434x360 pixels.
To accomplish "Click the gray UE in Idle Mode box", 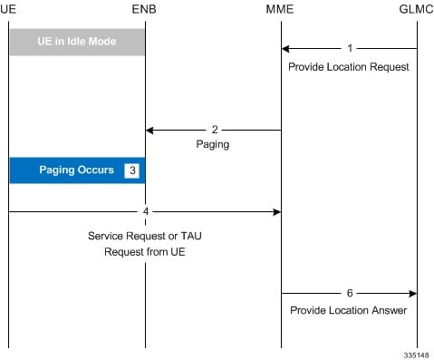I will pos(77,42).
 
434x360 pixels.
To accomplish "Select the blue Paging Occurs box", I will pos(77,170).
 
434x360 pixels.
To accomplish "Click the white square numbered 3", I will pos(131,170).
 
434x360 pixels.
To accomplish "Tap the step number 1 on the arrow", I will pos(350,48).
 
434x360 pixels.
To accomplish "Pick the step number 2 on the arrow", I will pos(214,130).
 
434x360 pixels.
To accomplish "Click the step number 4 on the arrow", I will pos(145,211).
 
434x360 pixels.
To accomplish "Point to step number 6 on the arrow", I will pos(350,293).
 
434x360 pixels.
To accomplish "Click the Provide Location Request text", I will pos(349,67).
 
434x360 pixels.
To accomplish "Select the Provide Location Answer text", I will pos(349,310).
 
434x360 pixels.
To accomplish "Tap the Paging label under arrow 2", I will pos(214,143).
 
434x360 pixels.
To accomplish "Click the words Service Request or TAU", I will pos(145,235).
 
